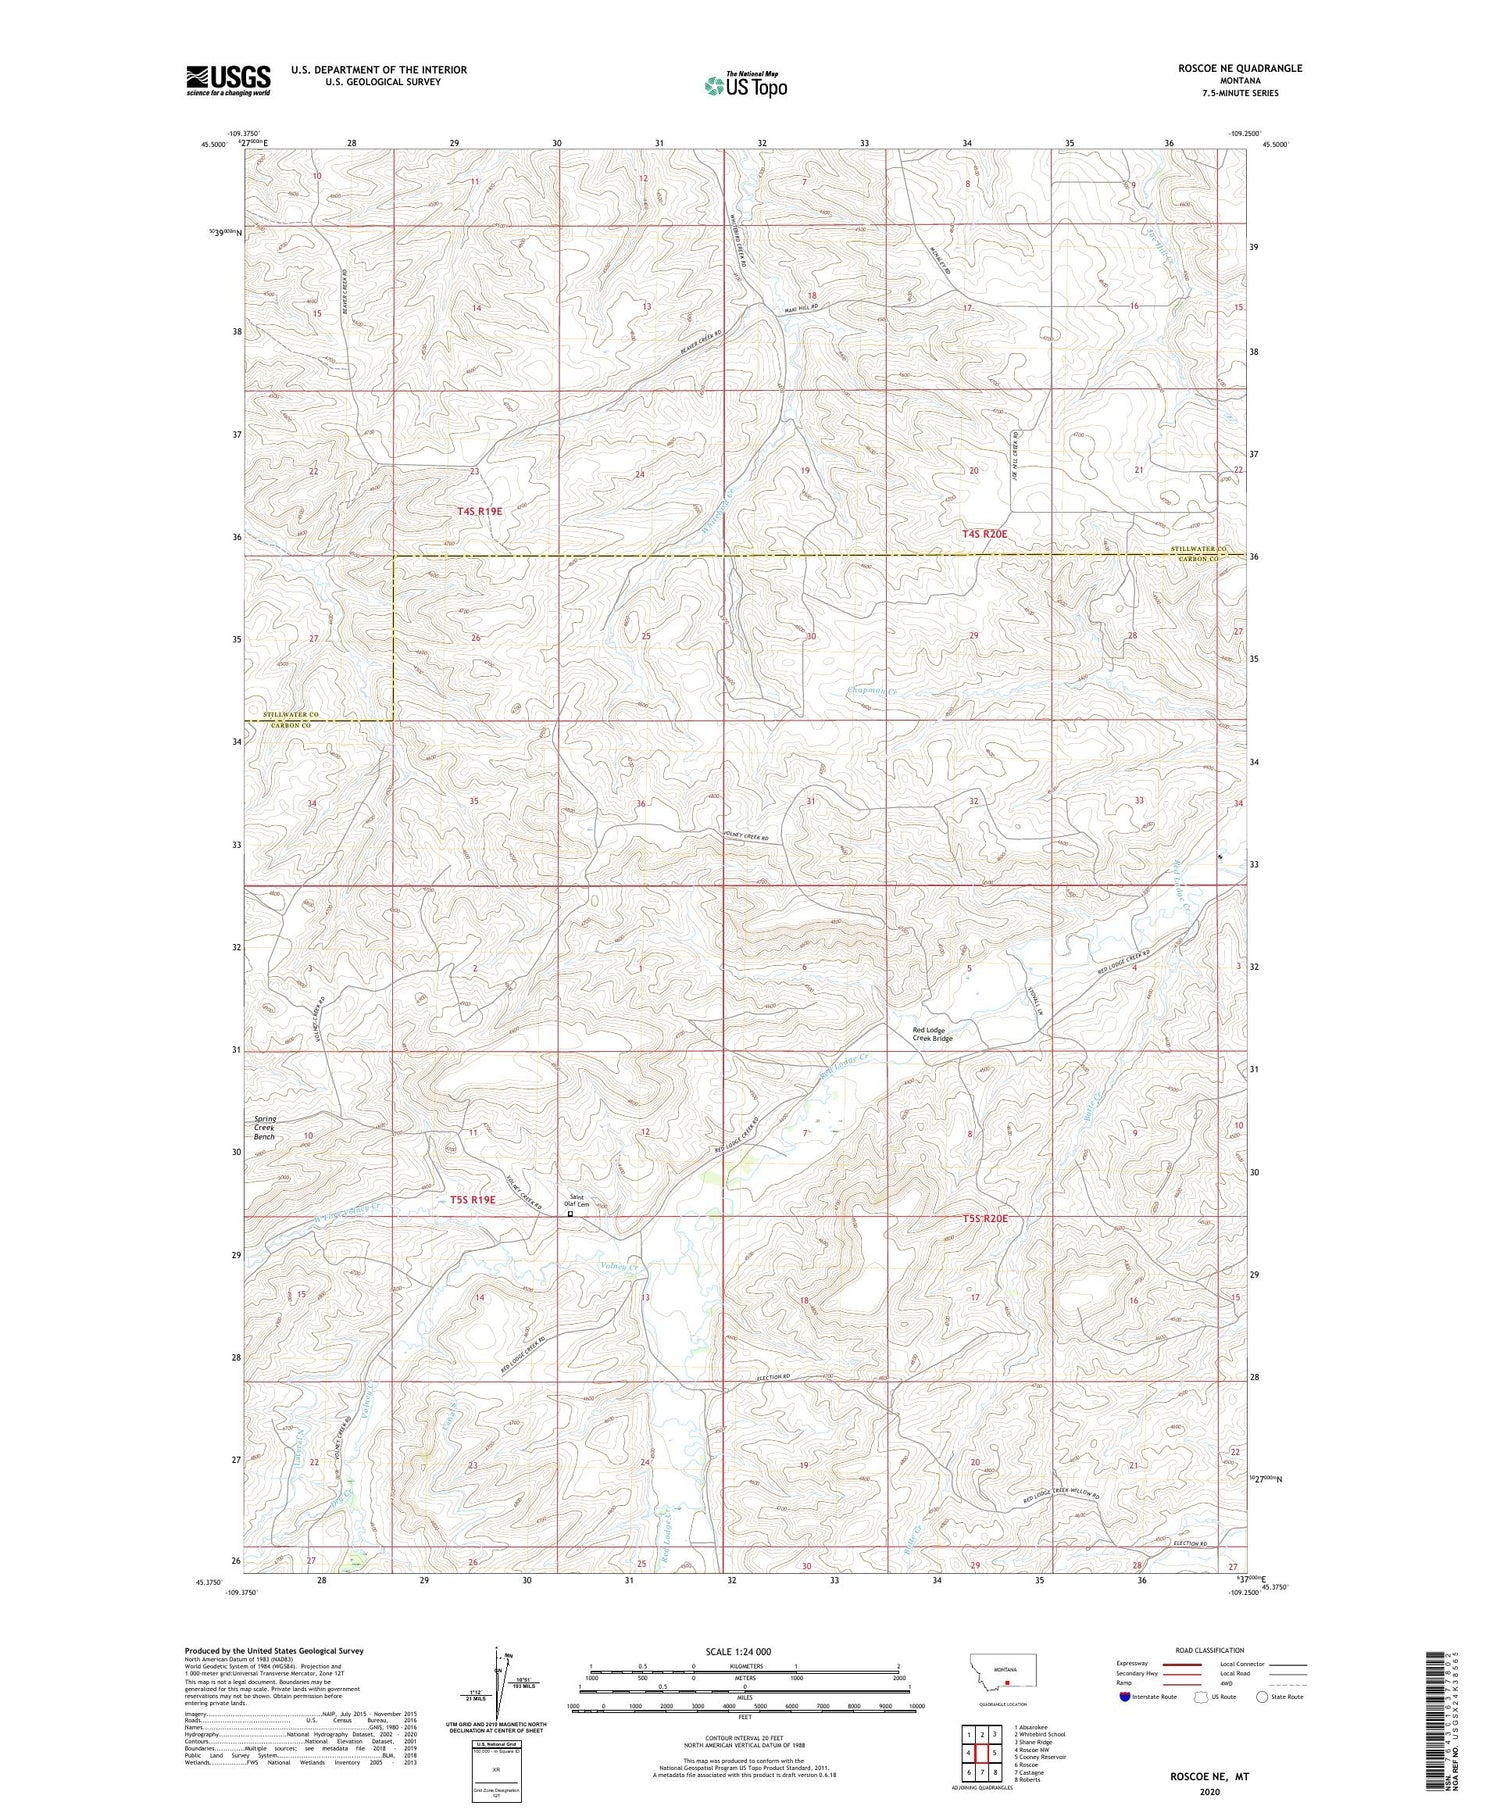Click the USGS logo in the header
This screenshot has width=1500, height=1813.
pyautogui.click(x=228, y=80)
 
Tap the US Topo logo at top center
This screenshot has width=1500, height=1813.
pyautogui.click(x=746, y=86)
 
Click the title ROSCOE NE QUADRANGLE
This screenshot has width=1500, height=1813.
pyautogui.click(x=1240, y=68)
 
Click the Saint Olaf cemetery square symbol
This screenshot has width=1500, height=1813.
pyautogui.click(x=571, y=1215)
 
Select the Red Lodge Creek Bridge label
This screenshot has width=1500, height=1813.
pyautogui.click(x=932, y=1034)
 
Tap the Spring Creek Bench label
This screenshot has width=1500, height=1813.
pyautogui.click(x=264, y=1128)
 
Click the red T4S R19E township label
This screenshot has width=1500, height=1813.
pyautogui.click(x=474, y=511)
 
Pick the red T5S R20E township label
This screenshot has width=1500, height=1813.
pyautogui.click(x=986, y=1218)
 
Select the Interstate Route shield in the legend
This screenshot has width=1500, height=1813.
pyautogui.click(x=1125, y=1697)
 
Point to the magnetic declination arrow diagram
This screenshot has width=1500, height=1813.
pyautogui.click(x=498, y=1682)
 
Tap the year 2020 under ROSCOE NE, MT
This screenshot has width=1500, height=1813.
pyautogui.click(x=1209, y=1792)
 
